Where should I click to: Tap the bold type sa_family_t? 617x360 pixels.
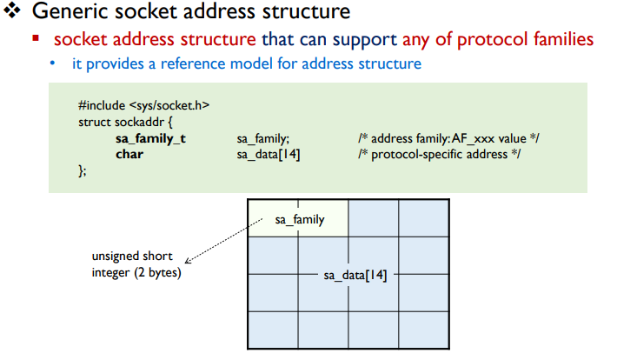coord(150,139)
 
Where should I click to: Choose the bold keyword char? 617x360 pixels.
coord(129,155)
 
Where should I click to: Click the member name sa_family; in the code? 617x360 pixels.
coord(262,139)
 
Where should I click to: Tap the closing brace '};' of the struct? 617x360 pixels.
coord(83,171)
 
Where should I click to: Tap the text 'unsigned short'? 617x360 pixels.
coord(132,257)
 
